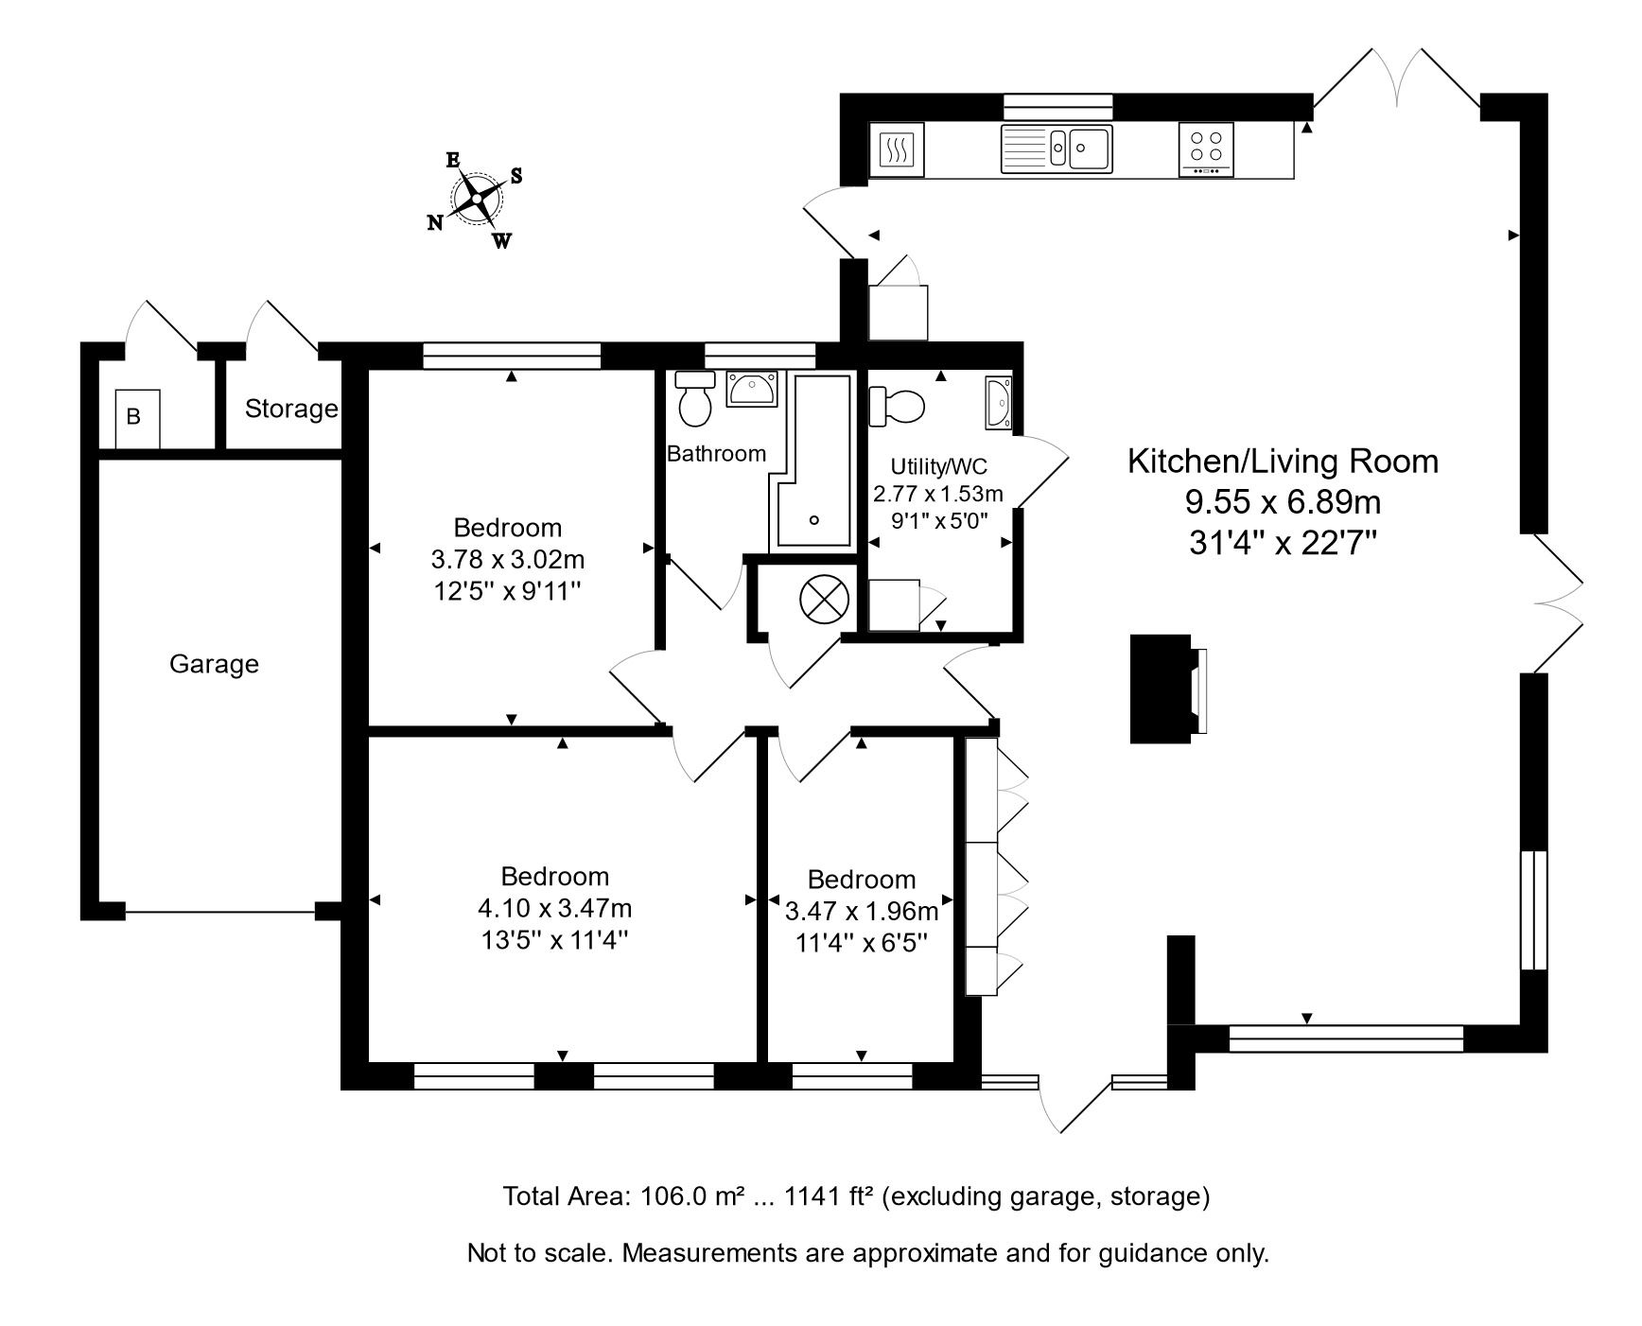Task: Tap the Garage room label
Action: click(x=214, y=664)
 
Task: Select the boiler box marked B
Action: click(x=138, y=417)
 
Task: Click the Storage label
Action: click(x=290, y=409)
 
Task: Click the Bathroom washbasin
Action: click(x=752, y=389)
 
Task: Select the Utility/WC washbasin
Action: click(x=999, y=401)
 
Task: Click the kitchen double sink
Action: click(x=1057, y=148)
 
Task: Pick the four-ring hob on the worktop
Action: click(x=1206, y=148)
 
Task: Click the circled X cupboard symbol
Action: click(x=820, y=599)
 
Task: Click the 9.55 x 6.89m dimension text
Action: click(x=1283, y=501)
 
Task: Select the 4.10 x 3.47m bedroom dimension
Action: click(x=554, y=909)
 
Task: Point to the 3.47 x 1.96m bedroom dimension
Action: click(x=861, y=912)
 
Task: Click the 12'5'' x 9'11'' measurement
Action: click(x=507, y=591)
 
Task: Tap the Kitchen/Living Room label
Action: click(x=1283, y=462)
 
